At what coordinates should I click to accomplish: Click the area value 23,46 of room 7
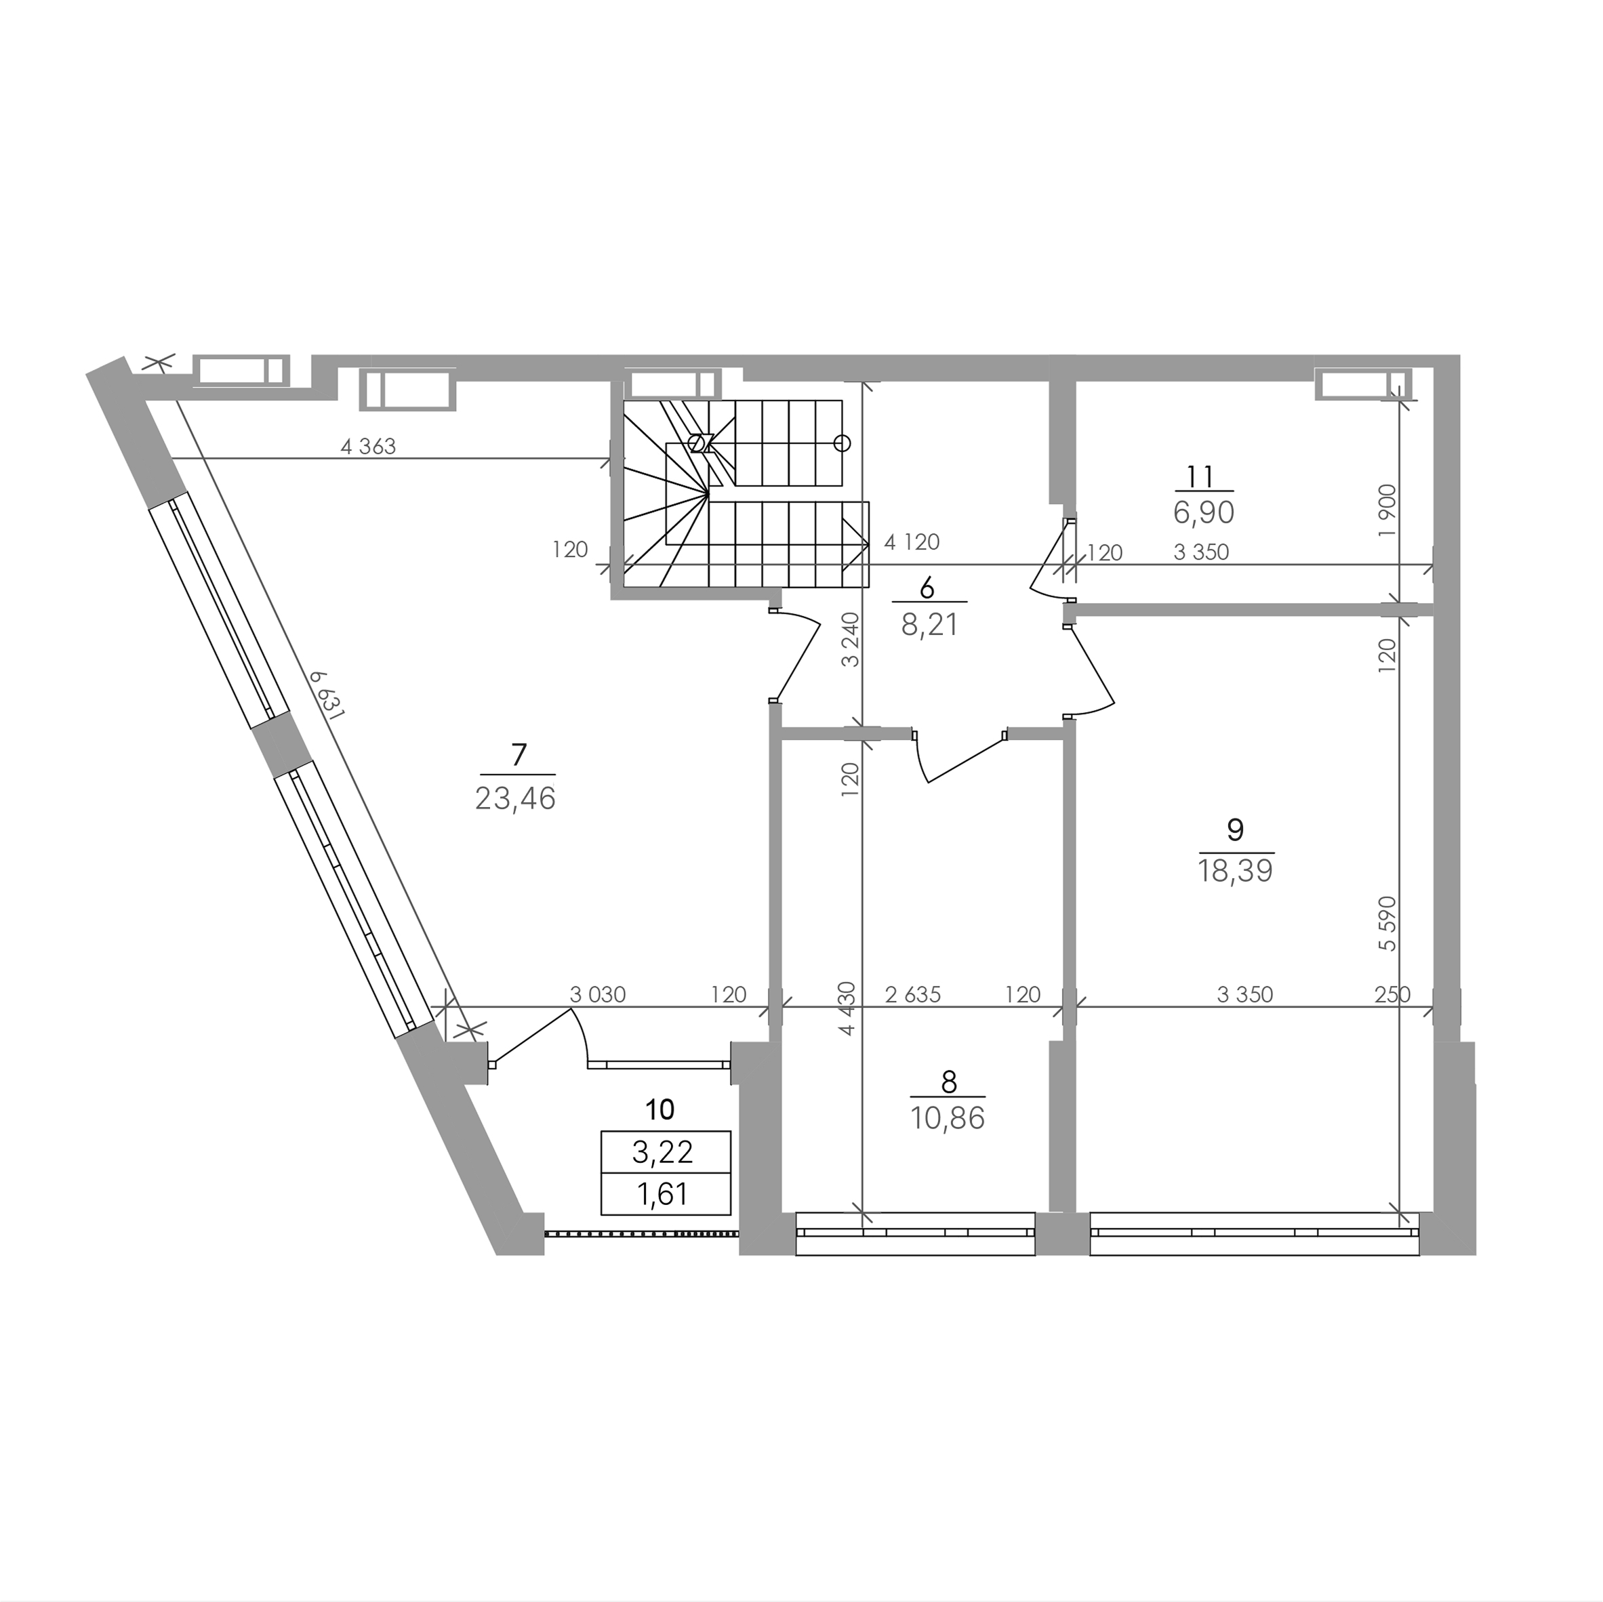coord(515,798)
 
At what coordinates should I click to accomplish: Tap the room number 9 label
coord(1234,829)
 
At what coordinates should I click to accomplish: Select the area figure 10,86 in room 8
coord(948,1118)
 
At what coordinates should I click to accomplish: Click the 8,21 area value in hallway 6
coord(929,625)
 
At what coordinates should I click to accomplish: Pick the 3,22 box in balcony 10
coord(666,1151)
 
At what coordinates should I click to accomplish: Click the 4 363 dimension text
coord(369,447)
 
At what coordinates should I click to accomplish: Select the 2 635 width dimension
coord(913,995)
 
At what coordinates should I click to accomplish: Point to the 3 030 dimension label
coord(597,995)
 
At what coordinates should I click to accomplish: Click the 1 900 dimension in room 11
coord(1387,510)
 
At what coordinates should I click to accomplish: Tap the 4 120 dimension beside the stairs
coord(912,543)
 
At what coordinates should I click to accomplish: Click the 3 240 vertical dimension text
coord(849,640)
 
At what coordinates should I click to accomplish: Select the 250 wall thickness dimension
coord(1392,995)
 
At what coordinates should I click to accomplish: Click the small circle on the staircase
coord(842,443)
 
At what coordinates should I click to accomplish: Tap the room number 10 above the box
coord(660,1109)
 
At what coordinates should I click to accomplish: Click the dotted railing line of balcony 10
coord(641,1233)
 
